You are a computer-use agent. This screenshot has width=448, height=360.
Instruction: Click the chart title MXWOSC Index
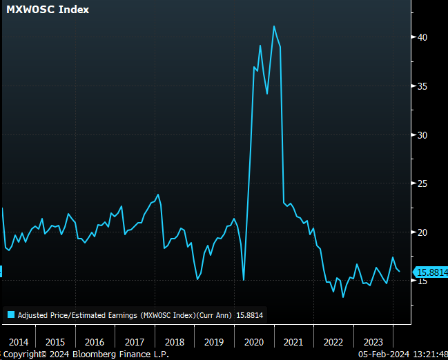48,10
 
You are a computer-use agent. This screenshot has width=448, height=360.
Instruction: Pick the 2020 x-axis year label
253,342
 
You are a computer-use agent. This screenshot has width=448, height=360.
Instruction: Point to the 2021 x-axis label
293,342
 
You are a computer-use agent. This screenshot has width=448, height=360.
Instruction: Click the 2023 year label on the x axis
373,342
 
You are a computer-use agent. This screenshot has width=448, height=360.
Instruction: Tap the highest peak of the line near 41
274,26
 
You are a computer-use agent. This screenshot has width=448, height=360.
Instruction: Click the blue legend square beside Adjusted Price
10,315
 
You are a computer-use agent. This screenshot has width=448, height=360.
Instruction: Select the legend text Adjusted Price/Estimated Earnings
76,315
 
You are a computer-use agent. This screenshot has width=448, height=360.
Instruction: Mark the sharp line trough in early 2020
244,279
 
